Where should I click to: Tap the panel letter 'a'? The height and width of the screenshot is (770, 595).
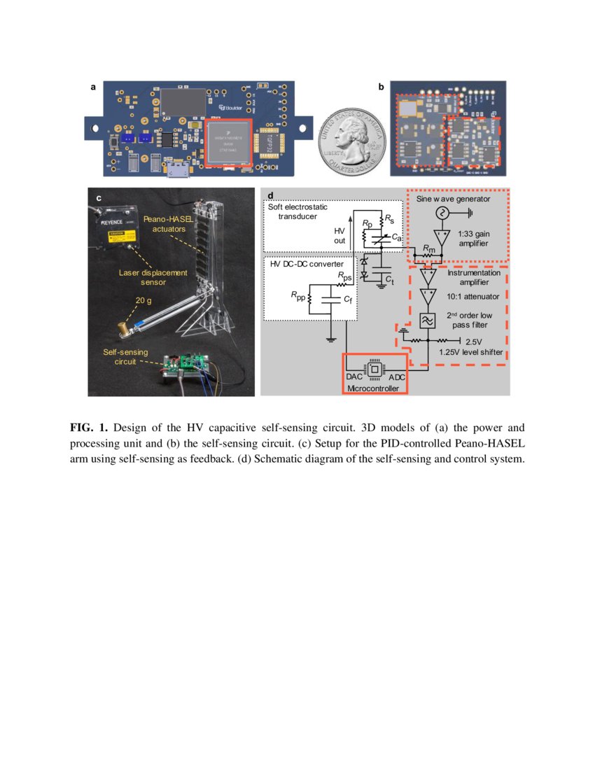(92, 87)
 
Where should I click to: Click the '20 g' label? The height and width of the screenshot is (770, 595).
(145, 301)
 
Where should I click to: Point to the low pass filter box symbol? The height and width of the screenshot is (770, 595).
(427, 321)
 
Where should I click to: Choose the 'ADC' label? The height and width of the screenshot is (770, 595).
(397, 377)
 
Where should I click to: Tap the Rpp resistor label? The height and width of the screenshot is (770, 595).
(298, 295)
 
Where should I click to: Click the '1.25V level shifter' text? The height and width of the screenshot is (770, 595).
(470, 352)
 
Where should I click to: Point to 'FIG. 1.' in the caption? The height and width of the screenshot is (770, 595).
(89, 427)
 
